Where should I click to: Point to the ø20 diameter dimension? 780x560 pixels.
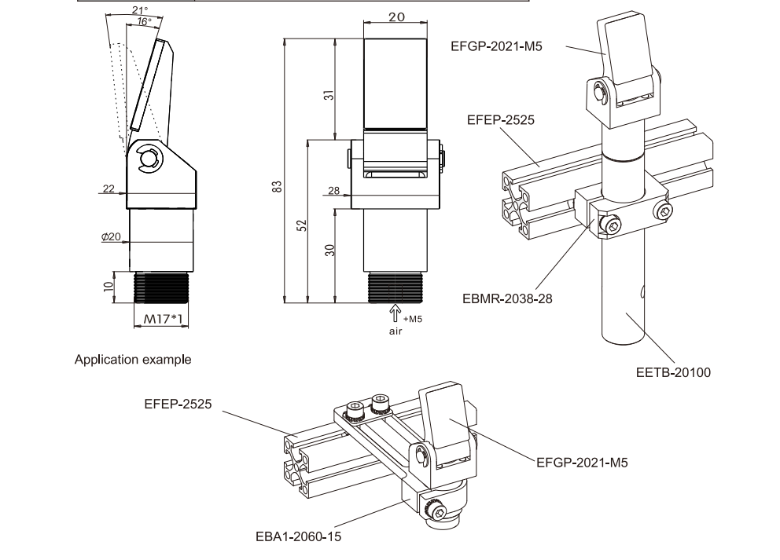[110, 237]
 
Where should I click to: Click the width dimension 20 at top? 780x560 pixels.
[396, 16]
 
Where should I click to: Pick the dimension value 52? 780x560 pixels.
[301, 225]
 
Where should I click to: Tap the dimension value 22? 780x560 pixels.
[109, 188]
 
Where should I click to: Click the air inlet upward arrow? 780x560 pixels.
[396, 313]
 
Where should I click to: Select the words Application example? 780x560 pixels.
[132, 360]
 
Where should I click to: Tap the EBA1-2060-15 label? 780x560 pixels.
[299, 536]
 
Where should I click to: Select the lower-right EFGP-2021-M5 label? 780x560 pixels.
[582, 463]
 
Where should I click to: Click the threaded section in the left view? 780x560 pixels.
[162, 287]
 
